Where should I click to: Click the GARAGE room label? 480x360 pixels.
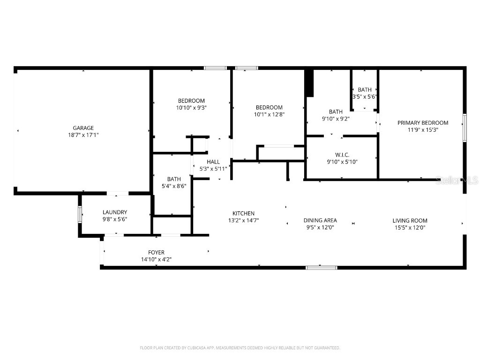click(x=83, y=128)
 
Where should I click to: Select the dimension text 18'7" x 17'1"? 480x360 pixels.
click(x=83, y=135)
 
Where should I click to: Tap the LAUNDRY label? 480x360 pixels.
click(x=115, y=212)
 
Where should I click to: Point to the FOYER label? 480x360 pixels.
click(x=156, y=253)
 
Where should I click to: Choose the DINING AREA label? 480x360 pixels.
click(x=320, y=220)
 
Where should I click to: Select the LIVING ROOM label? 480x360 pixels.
click(x=410, y=220)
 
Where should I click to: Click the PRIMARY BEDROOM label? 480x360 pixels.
click(x=423, y=123)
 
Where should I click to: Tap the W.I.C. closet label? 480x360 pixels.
click(x=342, y=155)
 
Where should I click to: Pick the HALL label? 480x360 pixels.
click(x=213, y=162)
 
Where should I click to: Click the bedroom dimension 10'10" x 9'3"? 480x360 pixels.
click(x=191, y=107)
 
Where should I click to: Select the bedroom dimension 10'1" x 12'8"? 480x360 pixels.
click(x=269, y=114)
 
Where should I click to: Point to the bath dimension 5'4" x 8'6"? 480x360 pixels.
click(x=174, y=186)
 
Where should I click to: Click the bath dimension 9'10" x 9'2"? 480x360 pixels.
click(x=336, y=119)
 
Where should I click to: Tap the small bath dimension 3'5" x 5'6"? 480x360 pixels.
click(x=365, y=97)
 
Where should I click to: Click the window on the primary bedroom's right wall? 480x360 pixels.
click(x=465, y=127)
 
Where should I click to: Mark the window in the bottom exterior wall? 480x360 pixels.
click(x=321, y=268)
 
